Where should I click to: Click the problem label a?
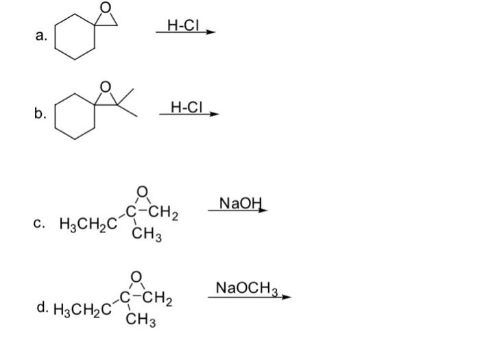pyautogui.click(x=42, y=38)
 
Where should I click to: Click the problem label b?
pyautogui.click(x=42, y=115)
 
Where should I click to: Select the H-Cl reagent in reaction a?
pyautogui.click(x=181, y=24)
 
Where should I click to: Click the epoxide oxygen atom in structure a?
pyautogui.click(x=105, y=8)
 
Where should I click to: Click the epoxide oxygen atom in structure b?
pyautogui.click(x=106, y=87)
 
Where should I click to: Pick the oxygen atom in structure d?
pyautogui.click(x=137, y=276)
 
